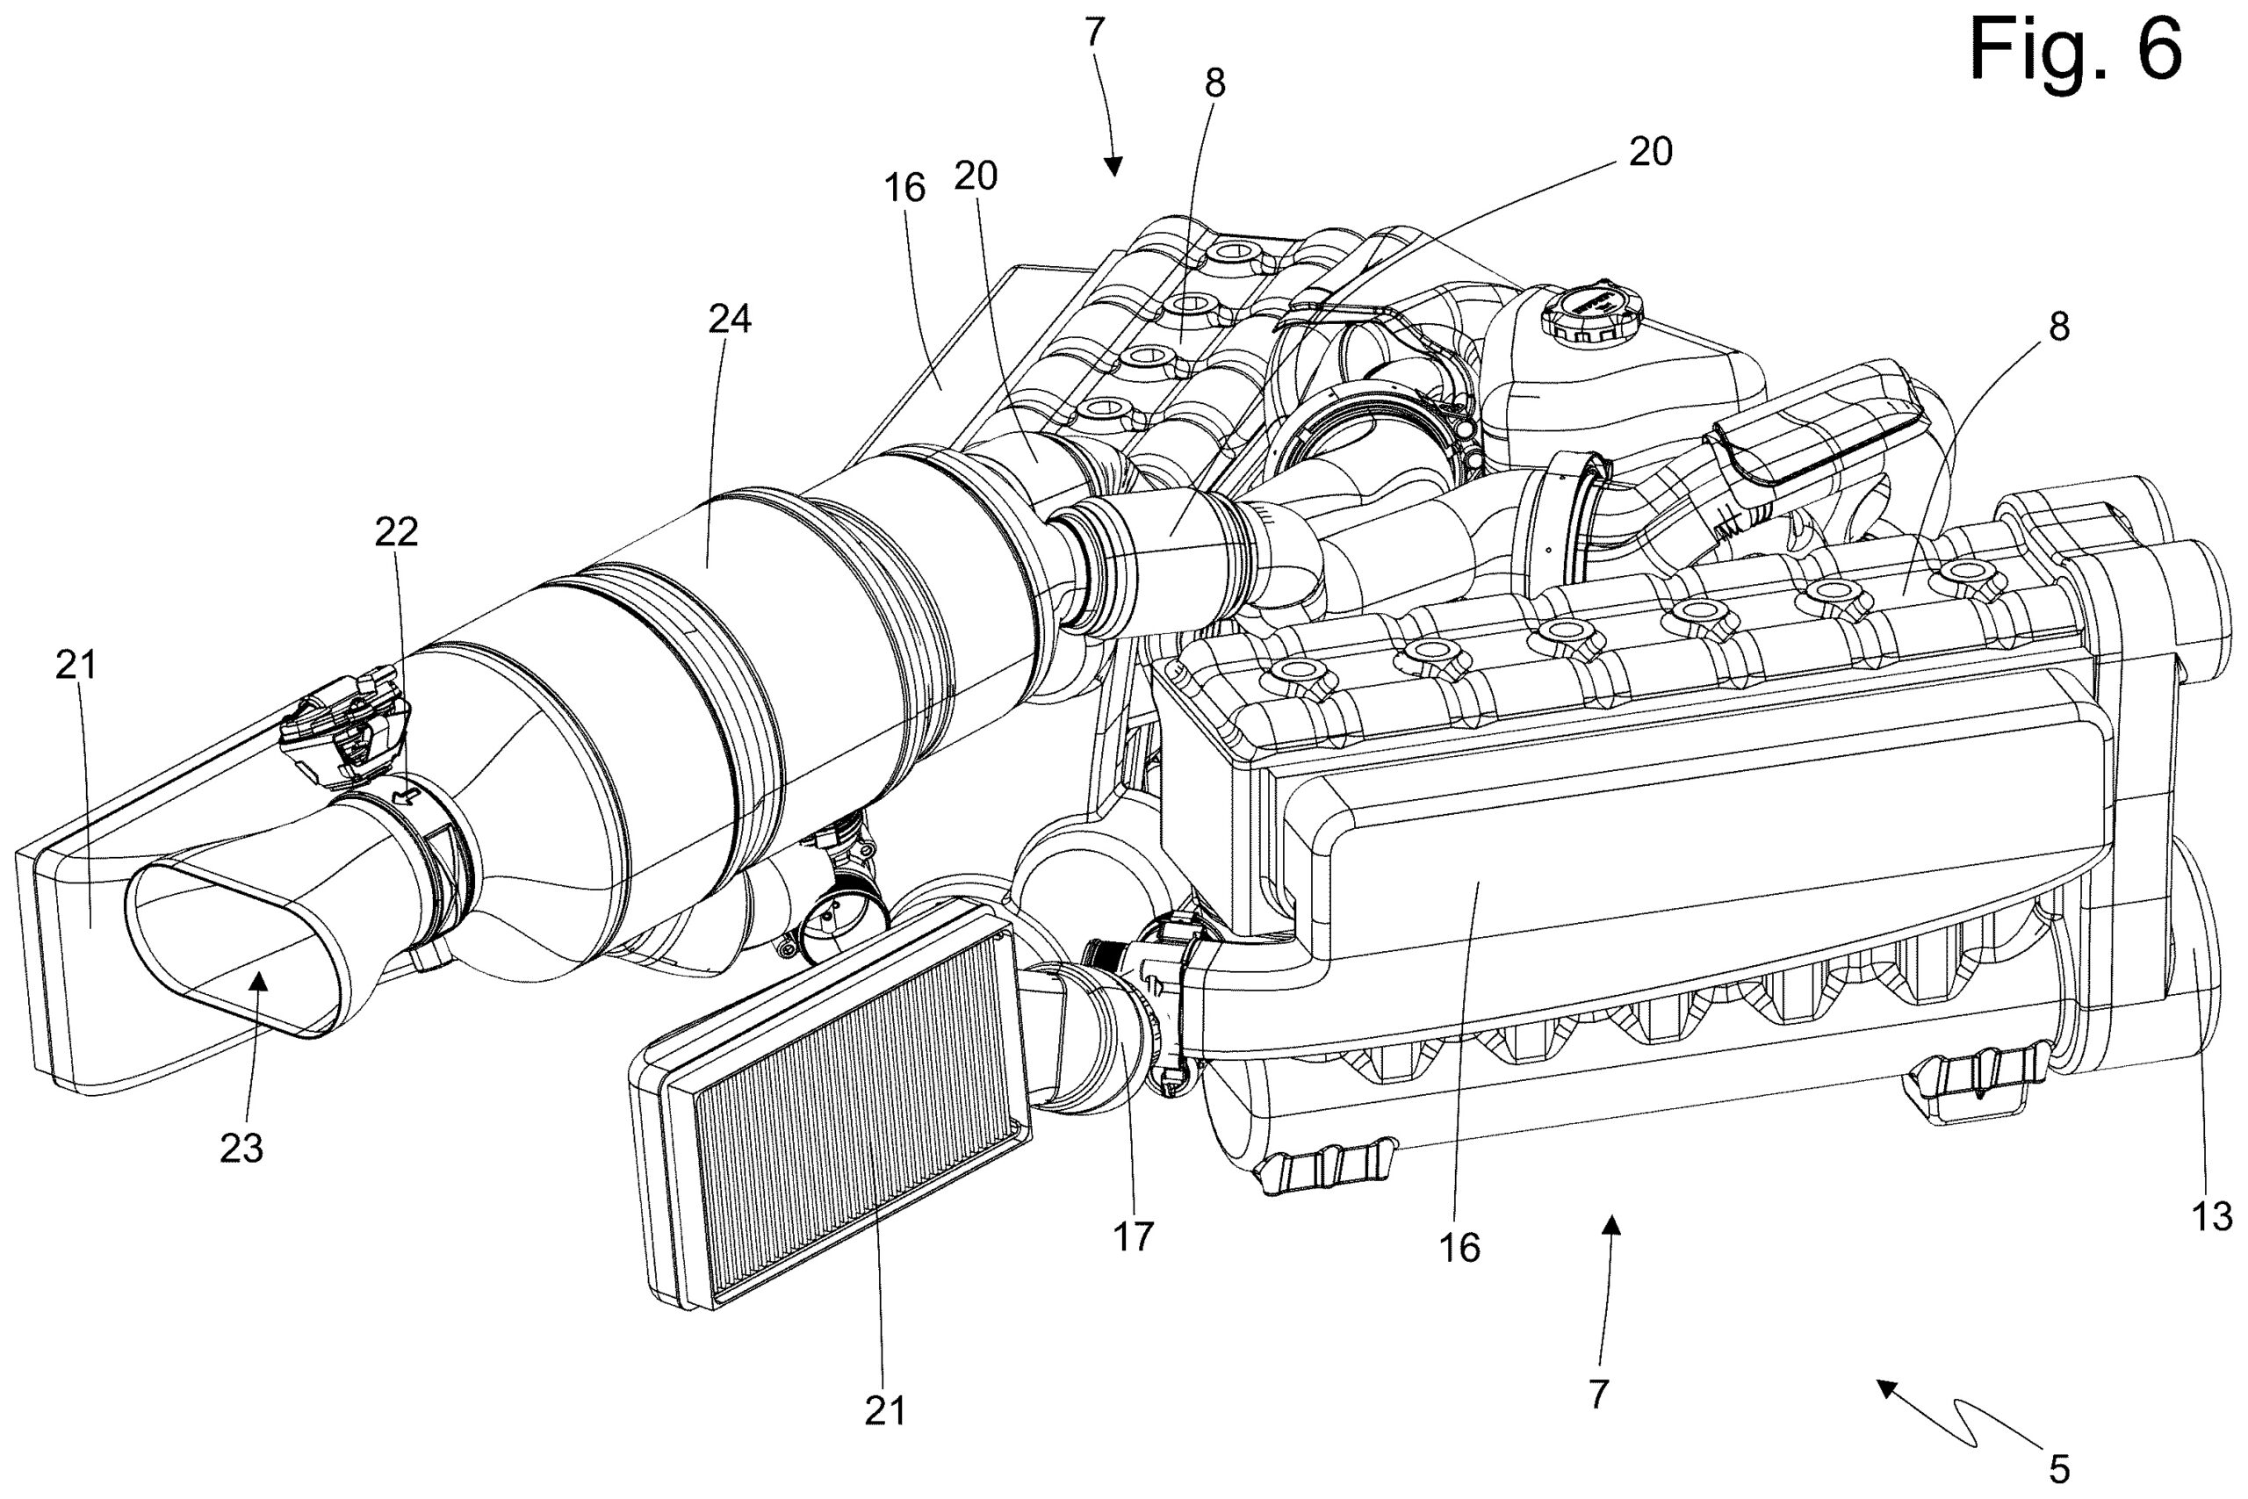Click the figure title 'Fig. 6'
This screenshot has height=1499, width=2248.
[2076, 51]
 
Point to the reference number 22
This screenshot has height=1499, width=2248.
[397, 532]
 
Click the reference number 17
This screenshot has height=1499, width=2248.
[1134, 1237]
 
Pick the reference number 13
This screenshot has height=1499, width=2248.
[2212, 1217]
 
